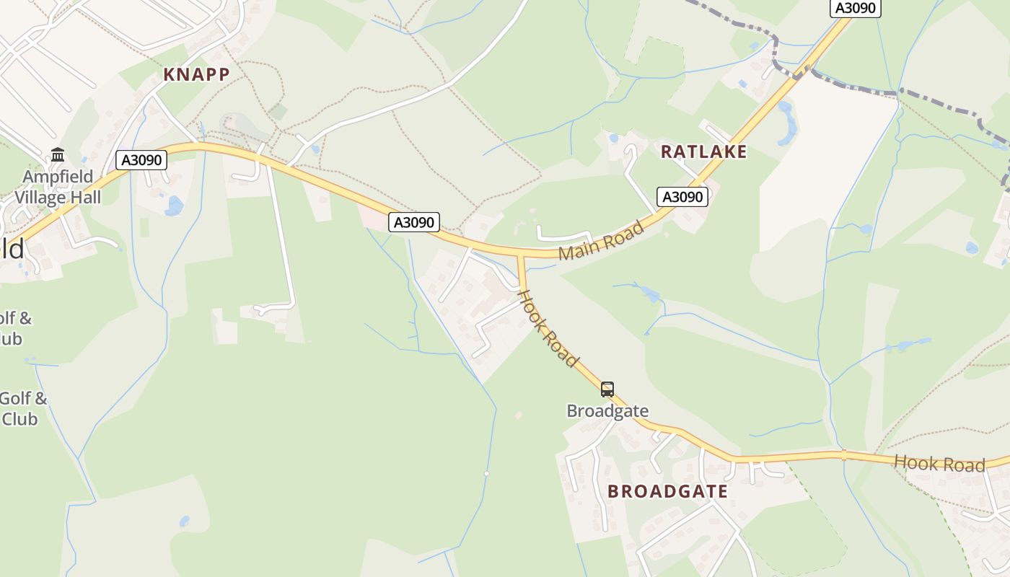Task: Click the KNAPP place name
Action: [196, 74]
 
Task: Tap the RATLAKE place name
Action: [703, 151]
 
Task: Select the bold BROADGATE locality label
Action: [667, 491]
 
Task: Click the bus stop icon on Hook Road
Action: [607, 389]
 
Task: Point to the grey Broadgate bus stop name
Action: [607, 411]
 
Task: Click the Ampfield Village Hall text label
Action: [58, 187]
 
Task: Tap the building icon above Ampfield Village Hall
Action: [58, 155]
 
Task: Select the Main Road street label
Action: [601, 241]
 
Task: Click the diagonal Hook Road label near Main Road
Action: [549, 328]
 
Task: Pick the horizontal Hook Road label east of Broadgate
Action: [939, 463]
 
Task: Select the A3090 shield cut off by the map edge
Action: [856, 7]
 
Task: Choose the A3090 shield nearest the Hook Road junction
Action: [414, 222]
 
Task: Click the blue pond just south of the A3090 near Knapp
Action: [174, 206]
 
